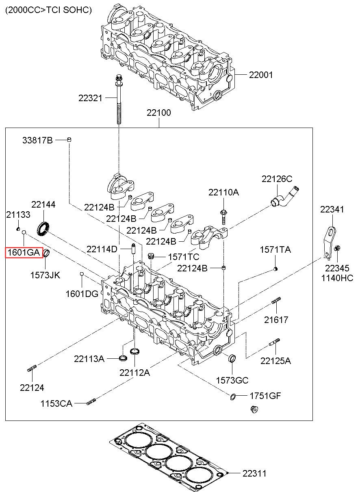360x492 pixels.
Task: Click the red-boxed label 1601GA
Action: (x=24, y=253)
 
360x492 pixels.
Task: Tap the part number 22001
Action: (x=261, y=75)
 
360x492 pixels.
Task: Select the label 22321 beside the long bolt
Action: (x=90, y=98)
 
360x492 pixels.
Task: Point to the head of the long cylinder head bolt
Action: (x=119, y=80)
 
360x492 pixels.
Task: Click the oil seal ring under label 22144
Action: (x=43, y=229)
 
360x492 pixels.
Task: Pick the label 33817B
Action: (x=37, y=140)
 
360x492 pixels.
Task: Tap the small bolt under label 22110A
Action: (x=223, y=217)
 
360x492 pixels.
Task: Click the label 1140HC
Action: (x=337, y=278)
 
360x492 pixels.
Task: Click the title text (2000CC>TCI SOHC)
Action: (x=48, y=10)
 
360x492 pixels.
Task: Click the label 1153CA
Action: (x=56, y=403)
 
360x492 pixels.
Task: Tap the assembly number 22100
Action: (x=159, y=113)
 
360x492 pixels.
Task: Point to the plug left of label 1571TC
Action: (x=151, y=256)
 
